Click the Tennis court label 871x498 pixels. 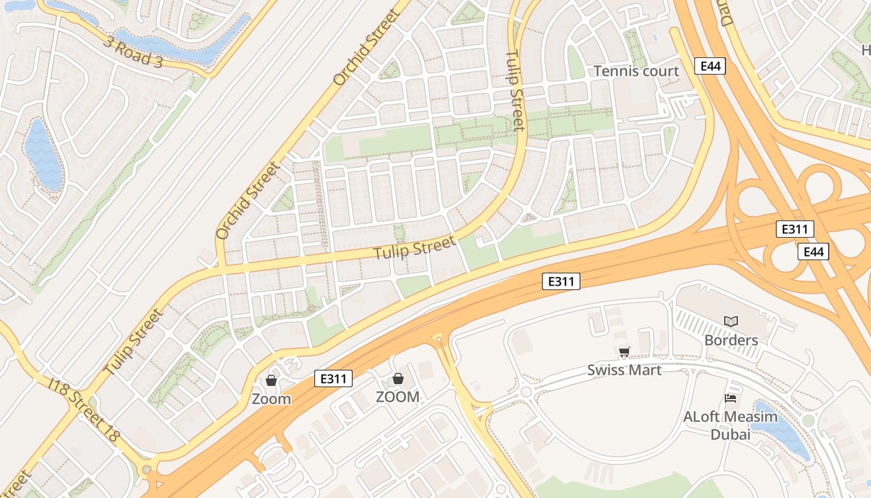[x=636, y=71]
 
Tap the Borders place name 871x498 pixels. [x=731, y=341]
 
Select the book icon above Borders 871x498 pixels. [x=731, y=321]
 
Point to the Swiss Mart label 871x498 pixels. [x=624, y=370]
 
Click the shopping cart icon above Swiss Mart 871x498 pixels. [x=625, y=352]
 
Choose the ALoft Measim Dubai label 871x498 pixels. [x=730, y=426]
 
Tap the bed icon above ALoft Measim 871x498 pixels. [x=731, y=398]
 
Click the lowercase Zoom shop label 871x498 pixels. [x=271, y=399]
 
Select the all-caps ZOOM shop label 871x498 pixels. [x=398, y=397]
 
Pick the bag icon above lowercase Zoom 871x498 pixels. [x=271, y=380]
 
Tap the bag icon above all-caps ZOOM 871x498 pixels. [x=398, y=378]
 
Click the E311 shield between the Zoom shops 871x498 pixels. [x=333, y=378]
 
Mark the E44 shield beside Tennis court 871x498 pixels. [x=710, y=66]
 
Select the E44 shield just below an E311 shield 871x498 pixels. [x=813, y=251]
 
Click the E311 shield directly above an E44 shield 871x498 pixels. [x=794, y=229]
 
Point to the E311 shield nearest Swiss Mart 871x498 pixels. [x=561, y=281]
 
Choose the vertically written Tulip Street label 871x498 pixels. [x=515, y=90]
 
